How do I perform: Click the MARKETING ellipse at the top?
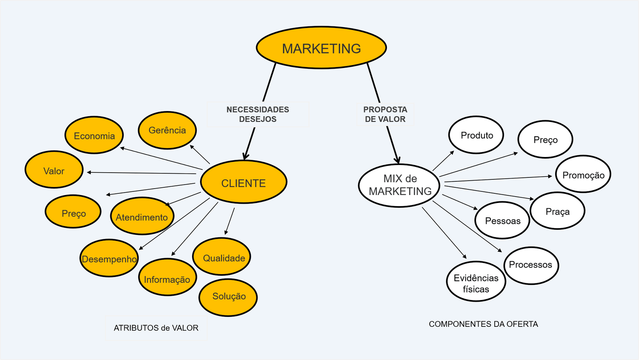click(x=321, y=48)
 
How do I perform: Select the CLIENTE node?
click(x=244, y=182)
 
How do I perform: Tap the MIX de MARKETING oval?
click(x=399, y=185)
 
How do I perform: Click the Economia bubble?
click(x=94, y=135)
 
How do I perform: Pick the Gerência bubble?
click(x=167, y=130)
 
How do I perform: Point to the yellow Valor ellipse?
click(x=54, y=170)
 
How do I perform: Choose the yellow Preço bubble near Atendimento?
click(x=73, y=212)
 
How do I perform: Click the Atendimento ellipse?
click(x=142, y=217)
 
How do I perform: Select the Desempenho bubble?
click(x=109, y=259)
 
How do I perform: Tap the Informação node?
click(x=167, y=278)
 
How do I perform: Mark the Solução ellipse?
click(x=228, y=297)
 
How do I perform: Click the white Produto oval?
click(x=476, y=135)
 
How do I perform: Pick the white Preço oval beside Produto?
click(x=545, y=139)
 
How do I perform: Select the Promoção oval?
click(x=583, y=175)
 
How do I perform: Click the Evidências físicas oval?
click(x=476, y=282)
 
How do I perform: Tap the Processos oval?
click(x=531, y=265)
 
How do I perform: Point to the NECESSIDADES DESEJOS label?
click(x=258, y=114)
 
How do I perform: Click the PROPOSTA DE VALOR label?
click(x=385, y=114)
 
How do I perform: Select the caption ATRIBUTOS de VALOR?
click(x=156, y=328)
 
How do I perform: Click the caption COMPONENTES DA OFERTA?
click(x=483, y=324)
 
